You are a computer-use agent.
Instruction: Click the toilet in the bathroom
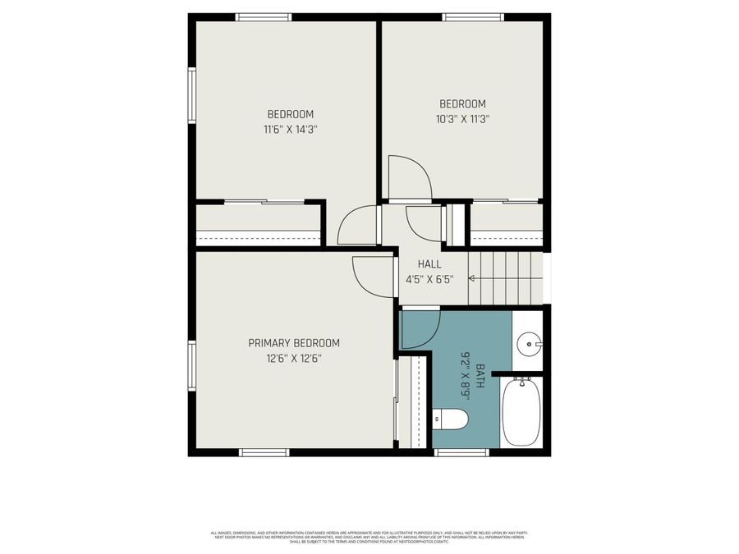pyautogui.click(x=450, y=420)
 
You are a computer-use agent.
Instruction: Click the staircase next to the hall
pyautogui.click(x=505, y=278)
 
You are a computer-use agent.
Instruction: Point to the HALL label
pyautogui.click(x=429, y=264)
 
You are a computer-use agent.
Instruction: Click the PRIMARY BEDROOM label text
pyautogui.click(x=294, y=343)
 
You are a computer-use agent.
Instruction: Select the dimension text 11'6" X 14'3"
pyautogui.click(x=290, y=129)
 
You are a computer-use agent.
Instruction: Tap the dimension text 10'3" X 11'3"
pyautogui.click(x=462, y=118)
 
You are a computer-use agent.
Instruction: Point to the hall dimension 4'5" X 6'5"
pyautogui.click(x=429, y=279)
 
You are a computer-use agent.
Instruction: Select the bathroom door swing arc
pyautogui.click(x=420, y=329)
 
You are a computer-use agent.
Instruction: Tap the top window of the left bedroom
pyautogui.click(x=264, y=17)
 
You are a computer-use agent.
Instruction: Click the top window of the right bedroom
pyautogui.click(x=472, y=17)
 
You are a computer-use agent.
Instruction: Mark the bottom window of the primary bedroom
pyautogui.click(x=264, y=451)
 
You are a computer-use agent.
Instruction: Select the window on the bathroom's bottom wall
pyautogui.click(x=461, y=451)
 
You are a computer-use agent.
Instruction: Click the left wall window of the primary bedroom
pyautogui.click(x=192, y=366)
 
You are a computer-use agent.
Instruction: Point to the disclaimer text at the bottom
pyautogui.click(x=369, y=537)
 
